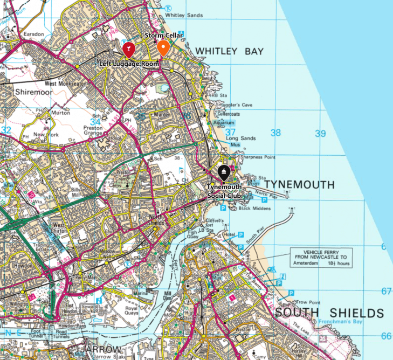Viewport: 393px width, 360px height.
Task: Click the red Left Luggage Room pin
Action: (128, 50)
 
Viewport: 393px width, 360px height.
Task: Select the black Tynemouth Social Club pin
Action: (224, 173)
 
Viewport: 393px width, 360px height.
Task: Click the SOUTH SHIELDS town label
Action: (329, 313)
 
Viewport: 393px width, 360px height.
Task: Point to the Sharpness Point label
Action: (257, 157)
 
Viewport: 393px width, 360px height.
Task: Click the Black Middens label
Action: (255, 208)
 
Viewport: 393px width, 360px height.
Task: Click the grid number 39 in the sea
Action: (320, 134)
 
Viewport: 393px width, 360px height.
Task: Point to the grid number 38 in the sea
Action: (275, 133)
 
